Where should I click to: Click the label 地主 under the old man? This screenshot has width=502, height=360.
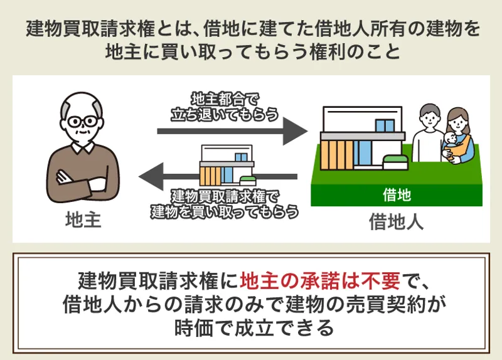point(83,220)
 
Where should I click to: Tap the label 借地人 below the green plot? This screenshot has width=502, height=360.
point(397,221)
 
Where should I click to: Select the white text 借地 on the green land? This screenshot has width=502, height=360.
point(397,194)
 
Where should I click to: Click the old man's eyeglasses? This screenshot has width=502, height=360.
point(83,121)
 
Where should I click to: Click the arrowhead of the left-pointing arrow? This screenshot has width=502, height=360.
point(151,176)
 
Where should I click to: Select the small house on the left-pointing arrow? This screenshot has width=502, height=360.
point(227,166)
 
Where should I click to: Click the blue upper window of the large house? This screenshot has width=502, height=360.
point(385,125)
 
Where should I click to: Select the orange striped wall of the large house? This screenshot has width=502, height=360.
point(337,155)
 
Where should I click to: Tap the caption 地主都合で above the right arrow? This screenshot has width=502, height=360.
point(225,100)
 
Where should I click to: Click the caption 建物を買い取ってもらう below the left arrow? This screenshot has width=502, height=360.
point(225,212)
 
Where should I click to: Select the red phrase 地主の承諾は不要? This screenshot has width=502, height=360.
point(320,281)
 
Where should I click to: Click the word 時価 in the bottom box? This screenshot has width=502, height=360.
point(194,327)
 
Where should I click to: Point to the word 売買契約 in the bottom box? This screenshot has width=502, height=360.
point(385,304)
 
